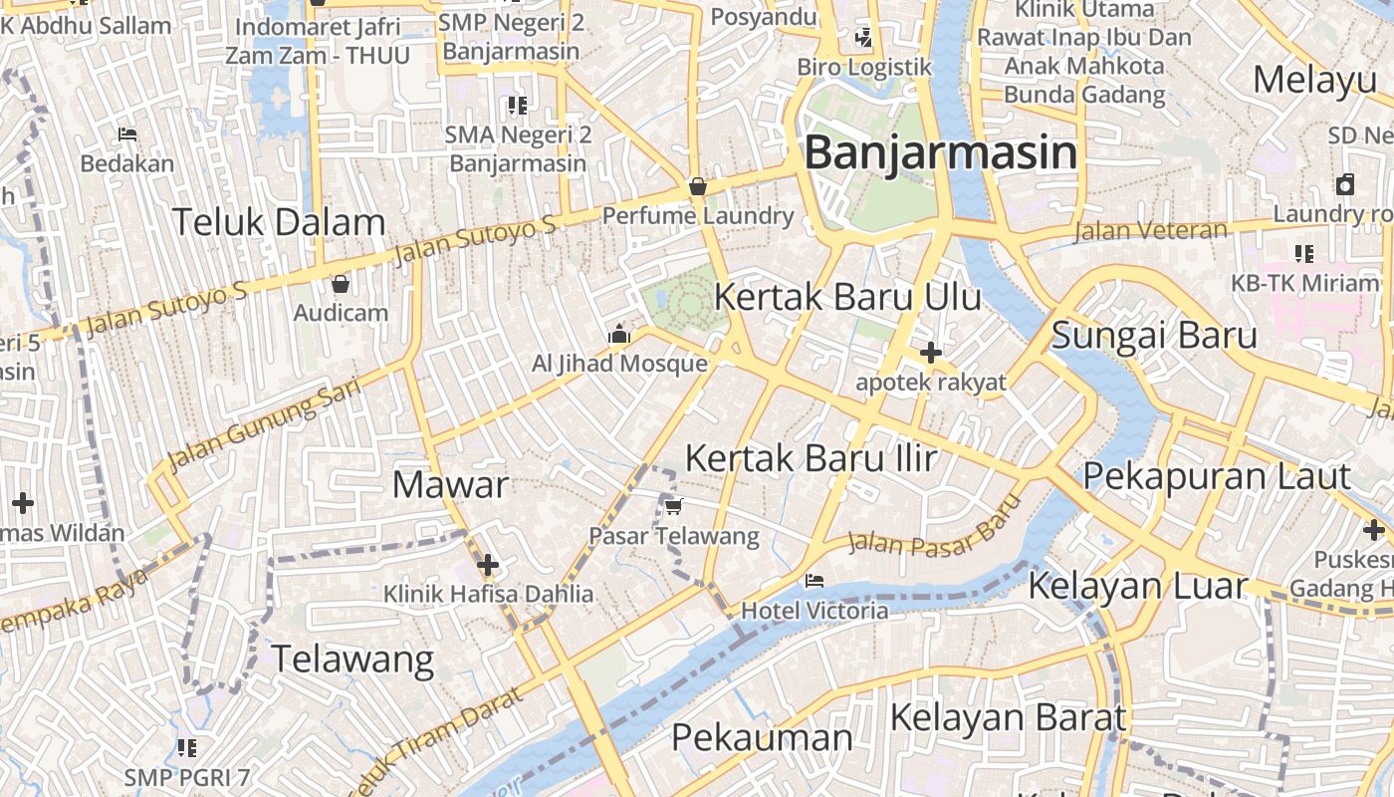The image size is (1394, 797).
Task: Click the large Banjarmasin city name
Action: pyautogui.click(x=940, y=153)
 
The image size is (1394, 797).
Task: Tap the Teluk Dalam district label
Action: pyautogui.click(x=279, y=222)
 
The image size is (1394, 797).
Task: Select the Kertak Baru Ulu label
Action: pyautogui.click(x=847, y=297)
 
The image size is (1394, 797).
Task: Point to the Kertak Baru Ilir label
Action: pyautogui.click(x=812, y=458)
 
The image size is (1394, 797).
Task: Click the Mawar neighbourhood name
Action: pyautogui.click(x=450, y=485)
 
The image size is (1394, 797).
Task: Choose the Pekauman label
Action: pyautogui.click(x=762, y=738)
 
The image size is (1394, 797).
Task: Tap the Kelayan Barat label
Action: pyautogui.click(x=1008, y=717)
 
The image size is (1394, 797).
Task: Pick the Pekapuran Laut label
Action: pyautogui.click(x=1216, y=476)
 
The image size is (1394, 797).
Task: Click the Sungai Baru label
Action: pyautogui.click(x=1154, y=335)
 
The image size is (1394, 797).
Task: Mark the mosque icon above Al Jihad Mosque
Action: pyautogui.click(x=619, y=335)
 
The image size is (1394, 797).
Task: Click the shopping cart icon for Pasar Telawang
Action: pyautogui.click(x=673, y=507)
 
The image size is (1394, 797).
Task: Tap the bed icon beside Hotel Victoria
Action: pyautogui.click(x=814, y=580)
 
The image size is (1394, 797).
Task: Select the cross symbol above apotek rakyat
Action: pyautogui.click(x=931, y=353)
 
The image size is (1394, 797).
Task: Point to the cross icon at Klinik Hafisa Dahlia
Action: pyautogui.click(x=488, y=566)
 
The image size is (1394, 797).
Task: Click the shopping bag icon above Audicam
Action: pyautogui.click(x=341, y=284)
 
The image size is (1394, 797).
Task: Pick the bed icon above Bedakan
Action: pyautogui.click(x=126, y=133)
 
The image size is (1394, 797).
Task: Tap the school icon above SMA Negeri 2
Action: pyautogui.click(x=517, y=105)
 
